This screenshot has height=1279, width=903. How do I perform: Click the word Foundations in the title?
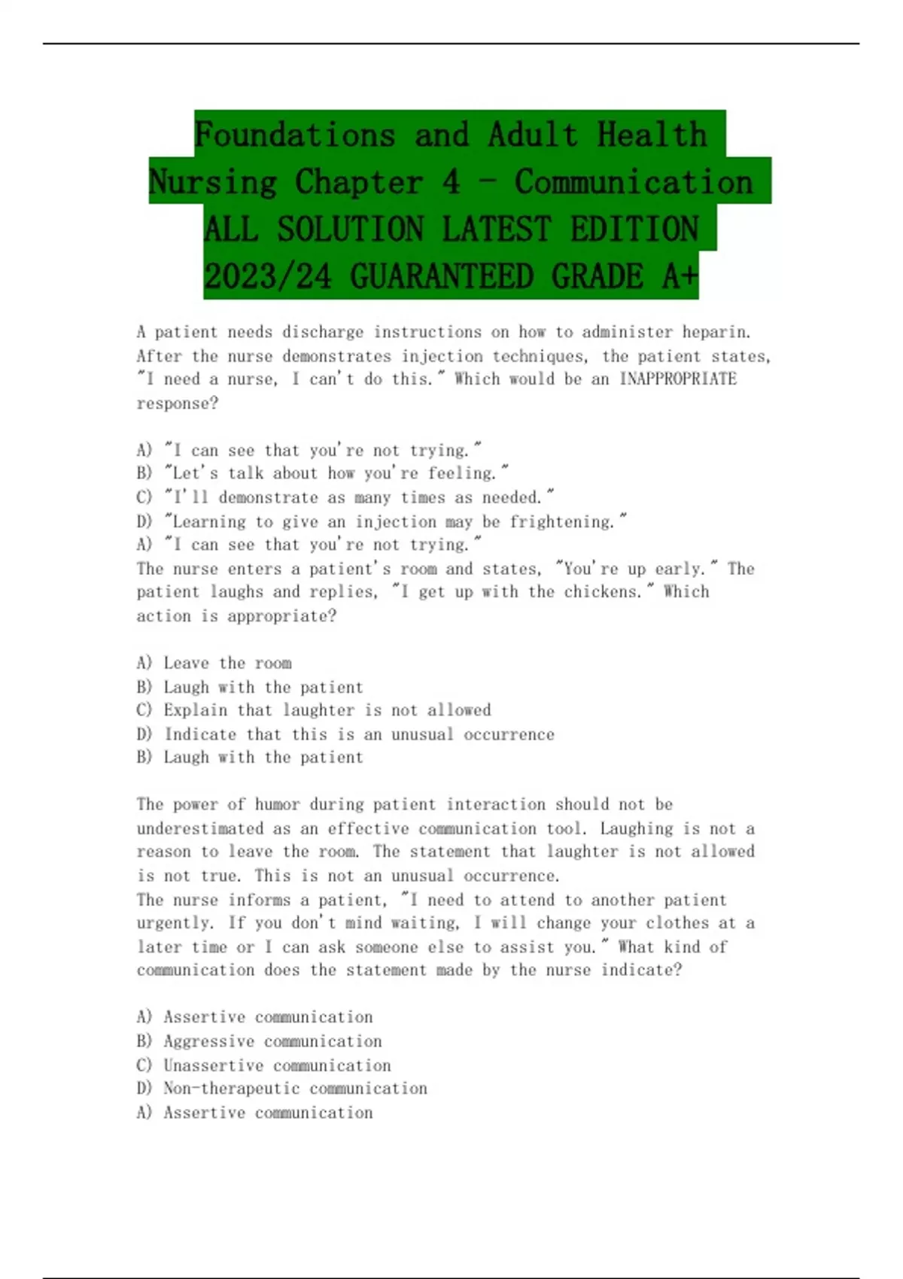pyautogui.click(x=294, y=135)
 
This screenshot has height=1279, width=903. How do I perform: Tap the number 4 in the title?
pyautogui.click(x=451, y=182)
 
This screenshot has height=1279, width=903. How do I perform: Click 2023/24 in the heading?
pyautogui.click(x=268, y=277)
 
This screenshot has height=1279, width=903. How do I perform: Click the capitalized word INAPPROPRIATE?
pyautogui.click(x=677, y=379)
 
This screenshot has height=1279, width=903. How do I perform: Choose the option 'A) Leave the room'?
pyautogui.click(x=214, y=663)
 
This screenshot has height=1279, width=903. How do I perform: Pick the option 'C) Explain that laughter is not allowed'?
pyautogui.click(x=314, y=710)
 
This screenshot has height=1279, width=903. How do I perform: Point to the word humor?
pyautogui.click(x=277, y=804)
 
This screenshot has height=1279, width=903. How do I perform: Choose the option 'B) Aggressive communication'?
pyautogui.click(x=260, y=1041)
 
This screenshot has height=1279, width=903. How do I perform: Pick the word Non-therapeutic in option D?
pyautogui.click(x=232, y=1089)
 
